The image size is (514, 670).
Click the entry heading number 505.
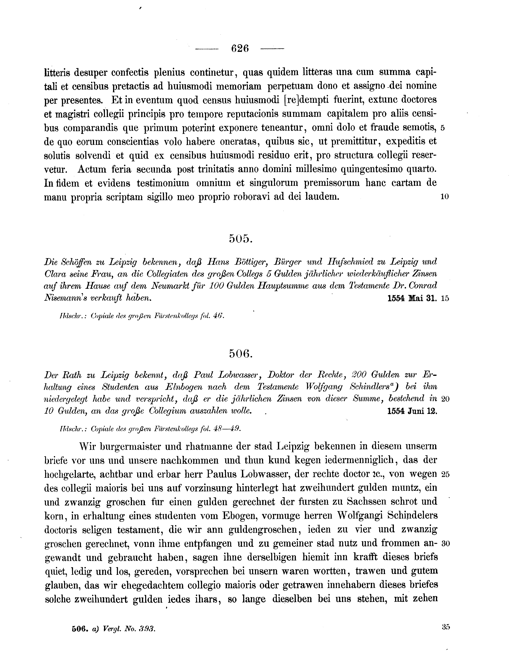[x=240, y=239]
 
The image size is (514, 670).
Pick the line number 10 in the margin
[x=445, y=197]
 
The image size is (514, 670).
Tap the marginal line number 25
[x=445, y=474]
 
